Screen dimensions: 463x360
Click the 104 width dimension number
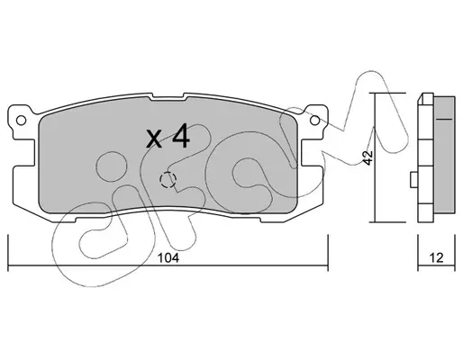(168, 257)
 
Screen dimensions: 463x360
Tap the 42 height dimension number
(368, 157)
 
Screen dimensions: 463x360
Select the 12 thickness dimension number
(436, 257)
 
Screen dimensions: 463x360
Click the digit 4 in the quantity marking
(181, 136)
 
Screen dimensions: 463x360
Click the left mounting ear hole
(21, 121)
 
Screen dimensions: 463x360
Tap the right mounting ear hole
(314, 121)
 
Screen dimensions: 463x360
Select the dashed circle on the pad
(168, 180)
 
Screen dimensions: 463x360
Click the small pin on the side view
(414, 180)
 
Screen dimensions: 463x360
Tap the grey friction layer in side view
(444, 155)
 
